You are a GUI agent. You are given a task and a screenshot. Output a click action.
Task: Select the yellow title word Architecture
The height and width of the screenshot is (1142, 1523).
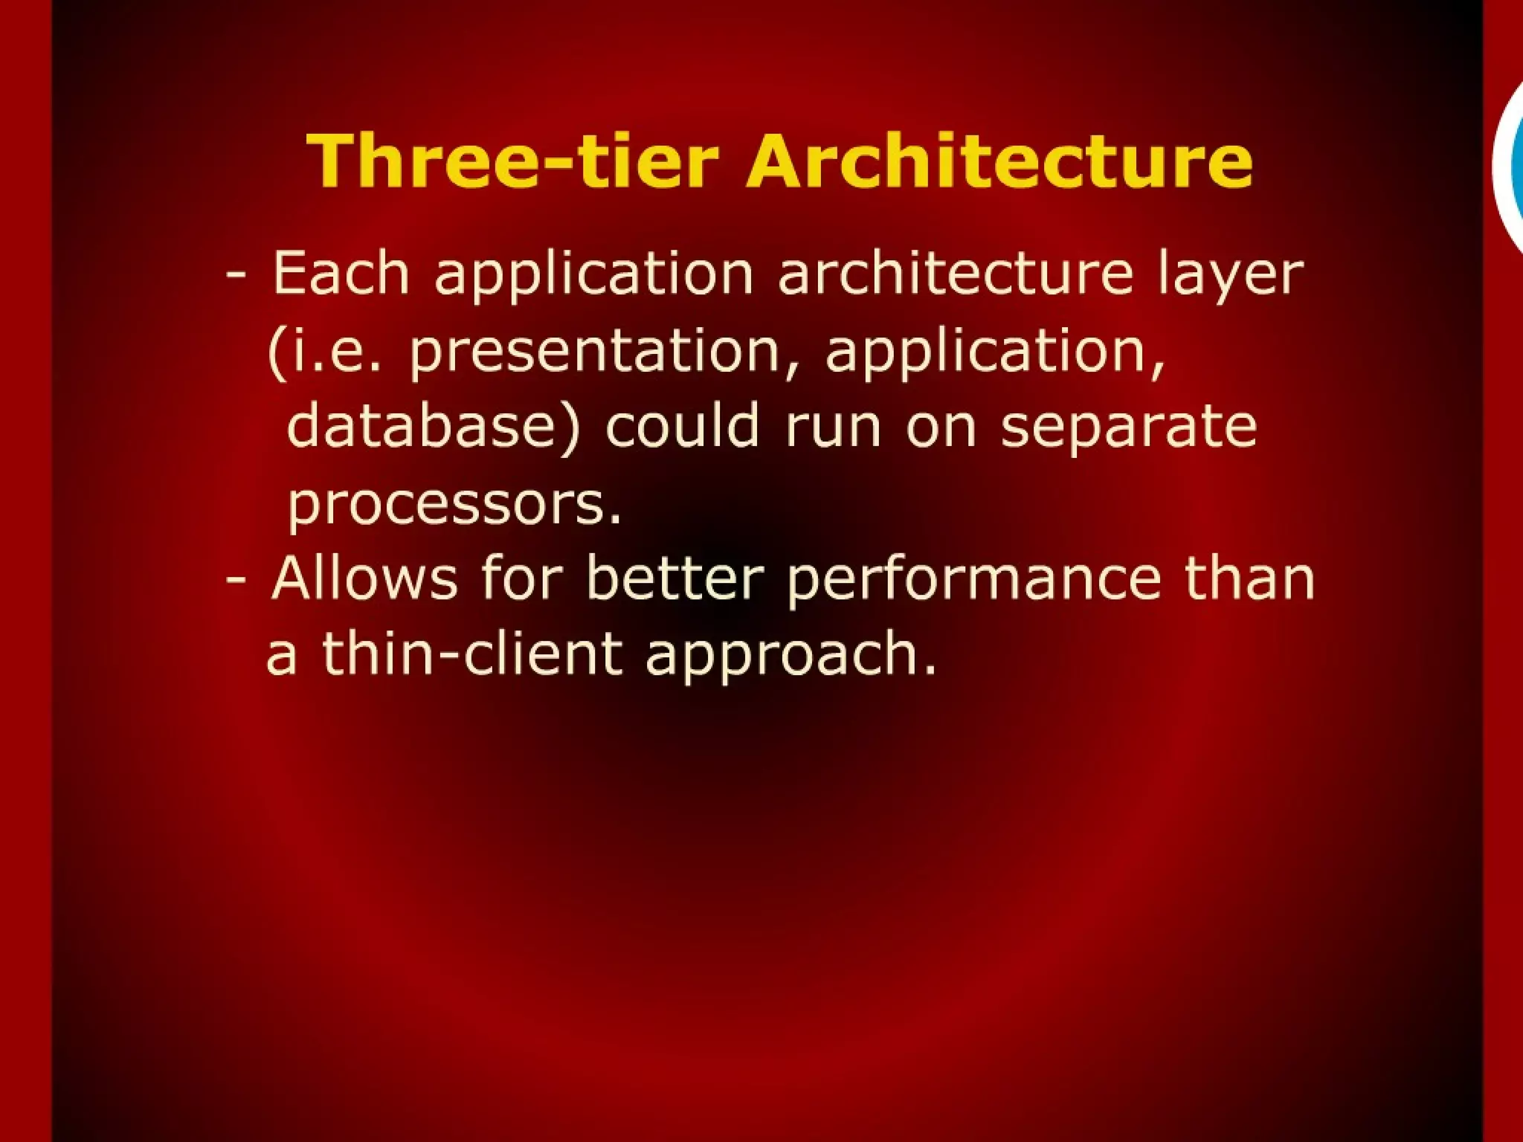[1000, 161]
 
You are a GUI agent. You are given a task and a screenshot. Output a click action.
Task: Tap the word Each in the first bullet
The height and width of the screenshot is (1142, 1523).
[341, 273]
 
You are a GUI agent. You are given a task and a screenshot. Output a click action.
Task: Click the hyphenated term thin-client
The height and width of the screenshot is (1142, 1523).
[471, 654]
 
